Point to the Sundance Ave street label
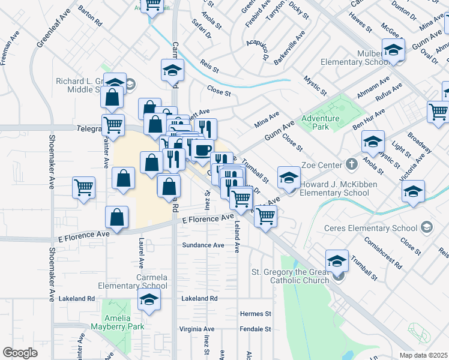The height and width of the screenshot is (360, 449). coord(203,245)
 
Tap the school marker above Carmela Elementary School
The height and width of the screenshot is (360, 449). coord(148,301)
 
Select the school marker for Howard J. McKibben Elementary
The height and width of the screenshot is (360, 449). coord(289,178)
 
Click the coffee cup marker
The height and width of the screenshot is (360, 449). coord(202,149)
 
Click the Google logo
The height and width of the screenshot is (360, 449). coord(20,353)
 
